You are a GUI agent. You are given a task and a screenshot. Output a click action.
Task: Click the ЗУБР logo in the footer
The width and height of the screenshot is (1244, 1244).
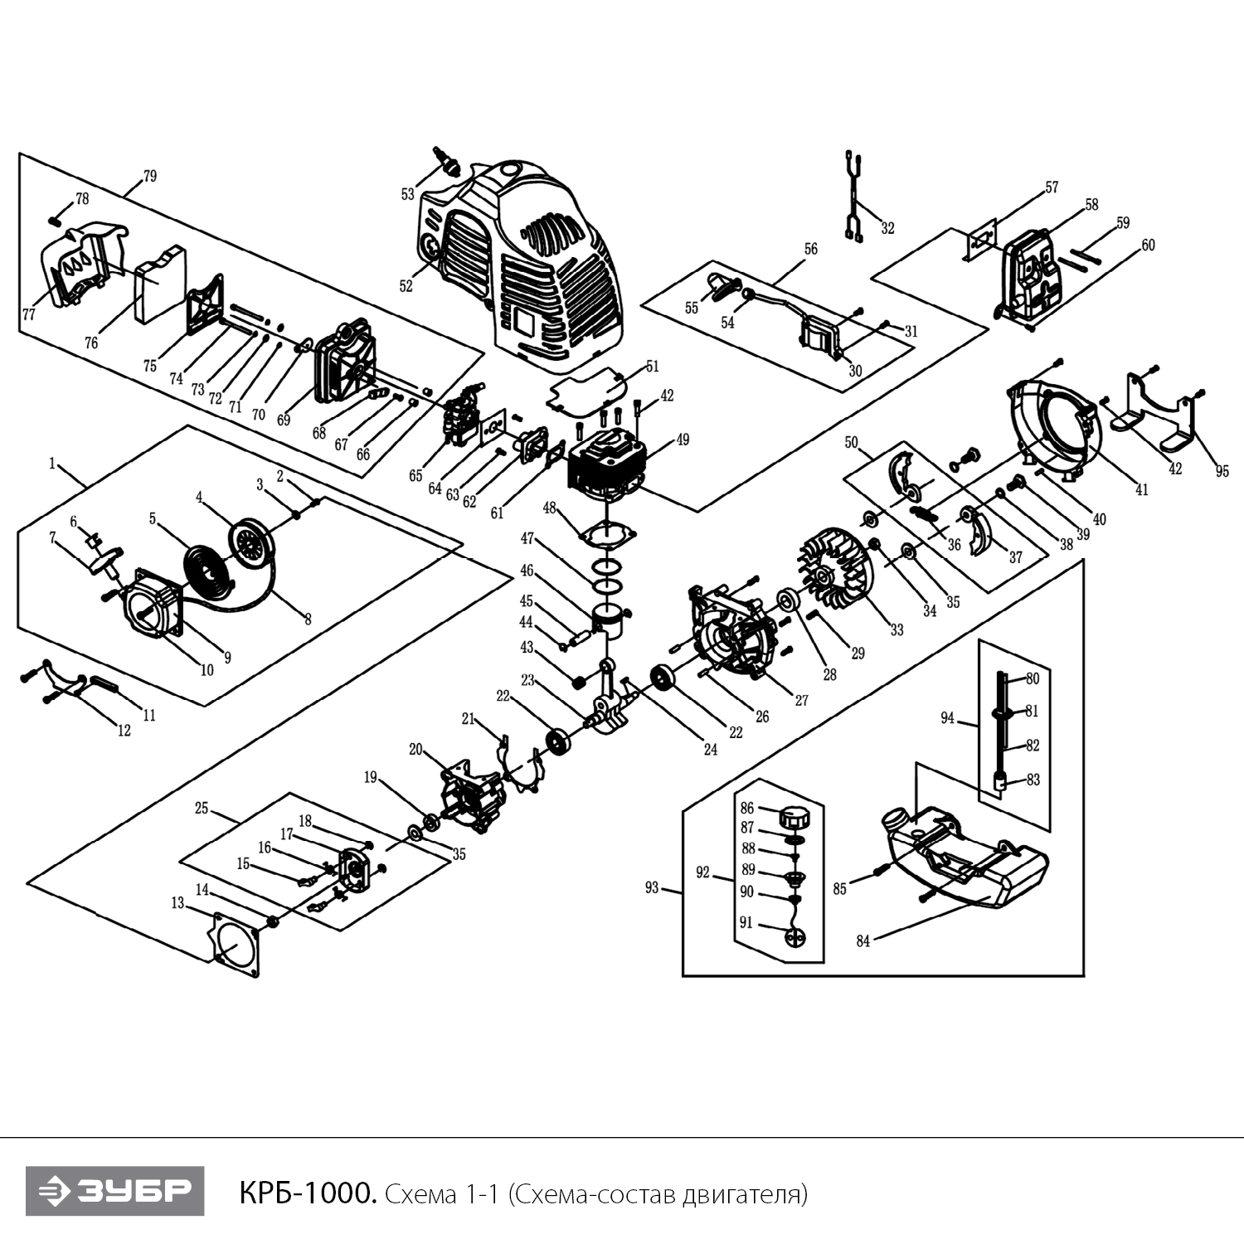[x=114, y=1191]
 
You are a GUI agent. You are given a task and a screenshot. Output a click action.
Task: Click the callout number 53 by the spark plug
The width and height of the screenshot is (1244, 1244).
[x=407, y=195]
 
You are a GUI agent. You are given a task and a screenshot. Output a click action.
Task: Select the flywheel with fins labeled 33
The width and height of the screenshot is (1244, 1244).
[x=833, y=575]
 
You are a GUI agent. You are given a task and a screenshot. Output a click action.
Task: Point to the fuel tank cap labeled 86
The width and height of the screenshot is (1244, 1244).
[x=794, y=817]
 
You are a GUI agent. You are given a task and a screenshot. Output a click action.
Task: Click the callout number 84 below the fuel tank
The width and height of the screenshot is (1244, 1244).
[x=863, y=941]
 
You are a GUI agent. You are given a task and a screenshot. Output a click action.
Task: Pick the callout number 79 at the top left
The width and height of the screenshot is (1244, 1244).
[x=149, y=177]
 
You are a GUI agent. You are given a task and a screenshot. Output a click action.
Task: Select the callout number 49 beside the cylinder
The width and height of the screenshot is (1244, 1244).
[x=683, y=440]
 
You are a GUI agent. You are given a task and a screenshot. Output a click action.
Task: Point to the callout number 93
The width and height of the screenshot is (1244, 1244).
[x=651, y=888]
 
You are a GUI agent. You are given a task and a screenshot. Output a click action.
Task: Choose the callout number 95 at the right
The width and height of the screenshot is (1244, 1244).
[x=1222, y=472]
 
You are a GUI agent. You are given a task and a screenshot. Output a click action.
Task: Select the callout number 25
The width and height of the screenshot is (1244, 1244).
[x=202, y=808]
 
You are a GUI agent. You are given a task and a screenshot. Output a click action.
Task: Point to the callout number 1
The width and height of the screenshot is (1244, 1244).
[x=52, y=464]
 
